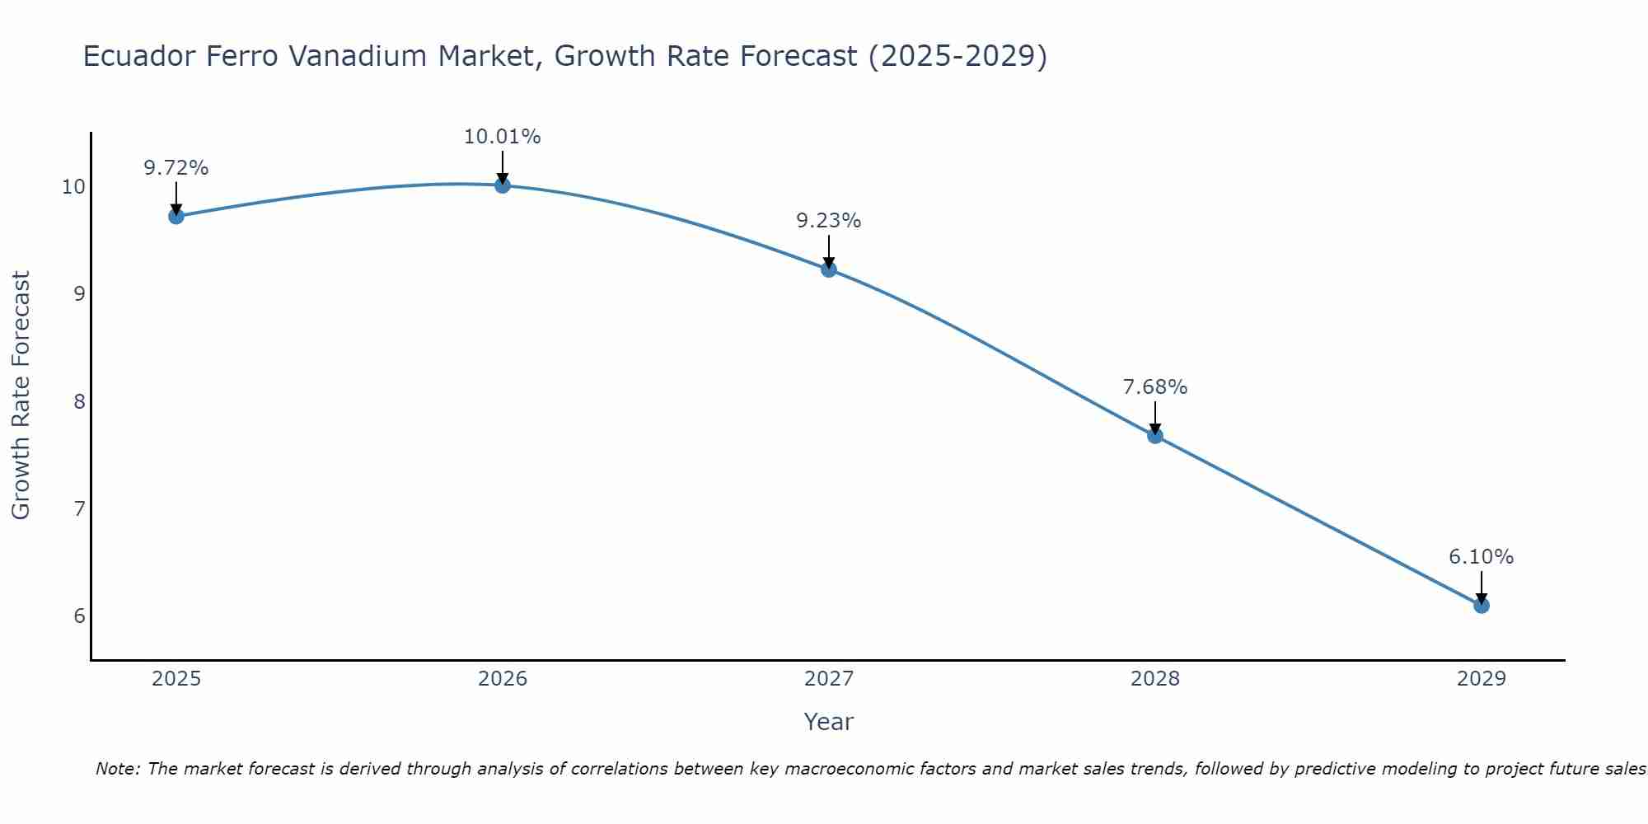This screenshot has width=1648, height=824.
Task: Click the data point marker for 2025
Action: coord(176,216)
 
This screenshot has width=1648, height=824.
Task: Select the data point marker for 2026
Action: coord(503,185)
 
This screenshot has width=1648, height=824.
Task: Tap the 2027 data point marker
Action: coord(829,269)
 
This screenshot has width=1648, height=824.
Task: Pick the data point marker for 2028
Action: coord(1155,436)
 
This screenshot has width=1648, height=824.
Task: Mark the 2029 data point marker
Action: coord(1482,606)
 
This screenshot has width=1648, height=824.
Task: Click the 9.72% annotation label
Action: coord(176,168)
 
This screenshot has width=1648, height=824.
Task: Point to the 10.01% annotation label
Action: coord(503,137)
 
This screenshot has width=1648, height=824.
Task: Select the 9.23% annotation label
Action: coord(829,221)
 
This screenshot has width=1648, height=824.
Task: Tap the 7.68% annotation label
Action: coord(1155,387)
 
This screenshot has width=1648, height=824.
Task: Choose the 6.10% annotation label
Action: coord(1482,557)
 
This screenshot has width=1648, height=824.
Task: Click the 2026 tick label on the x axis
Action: coord(503,679)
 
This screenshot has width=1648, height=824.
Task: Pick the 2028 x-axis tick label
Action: coord(1155,679)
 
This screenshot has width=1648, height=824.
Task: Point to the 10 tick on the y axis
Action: coord(73,187)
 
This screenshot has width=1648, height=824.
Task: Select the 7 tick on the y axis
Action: coord(79,509)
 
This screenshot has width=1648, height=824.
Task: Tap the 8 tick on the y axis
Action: coord(79,402)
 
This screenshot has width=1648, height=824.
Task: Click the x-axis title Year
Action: coord(829,722)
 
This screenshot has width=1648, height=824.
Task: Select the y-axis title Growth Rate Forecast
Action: coord(21,396)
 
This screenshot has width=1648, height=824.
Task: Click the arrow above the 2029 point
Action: coord(1482,587)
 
